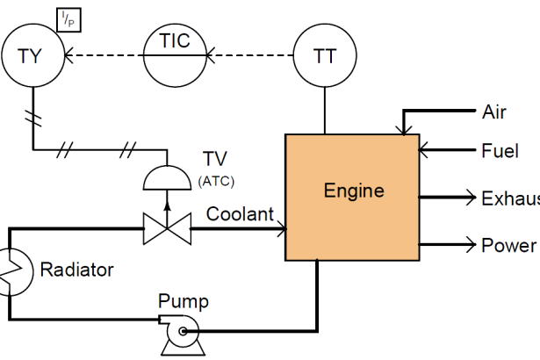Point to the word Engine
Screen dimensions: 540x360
click(354, 191)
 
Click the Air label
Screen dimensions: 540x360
click(494, 112)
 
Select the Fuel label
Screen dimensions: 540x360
click(500, 151)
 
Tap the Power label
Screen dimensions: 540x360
click(508, 245)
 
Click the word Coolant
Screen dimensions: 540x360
click(240, 214)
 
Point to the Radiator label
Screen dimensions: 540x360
click(76, 270)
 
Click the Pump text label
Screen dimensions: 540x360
click(184, 301)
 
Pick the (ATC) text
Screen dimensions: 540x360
click(216, 181)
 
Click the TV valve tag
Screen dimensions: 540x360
click(215, 159)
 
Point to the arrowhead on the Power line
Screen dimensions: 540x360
click(472, 245)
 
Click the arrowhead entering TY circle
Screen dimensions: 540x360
click(68, 55)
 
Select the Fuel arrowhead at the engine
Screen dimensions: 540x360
click(423, 150)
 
